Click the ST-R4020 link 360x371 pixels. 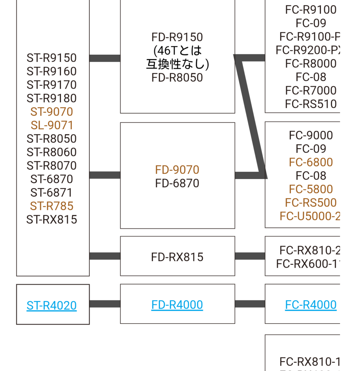(51, 305)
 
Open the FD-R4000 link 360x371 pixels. (177, 305)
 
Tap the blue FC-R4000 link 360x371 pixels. (311, 305)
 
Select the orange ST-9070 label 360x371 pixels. (51, 112)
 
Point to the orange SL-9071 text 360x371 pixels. (52, 125)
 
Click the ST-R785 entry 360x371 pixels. (51, 206)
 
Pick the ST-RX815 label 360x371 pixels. (51, 220)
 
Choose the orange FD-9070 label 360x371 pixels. (177, 170)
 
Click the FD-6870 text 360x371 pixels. (177, 183)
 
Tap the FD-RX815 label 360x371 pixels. (177, 257)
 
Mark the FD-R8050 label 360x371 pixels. (177, 78)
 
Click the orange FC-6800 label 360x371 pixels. (311, 162)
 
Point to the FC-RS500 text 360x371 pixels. (311, 203)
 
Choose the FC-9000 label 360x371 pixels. (311, 135)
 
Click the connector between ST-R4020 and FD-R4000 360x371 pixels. (105, 304)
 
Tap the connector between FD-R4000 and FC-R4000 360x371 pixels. (250, 304)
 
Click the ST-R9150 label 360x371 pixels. (51, 58)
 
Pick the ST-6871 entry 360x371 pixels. (51, 193)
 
